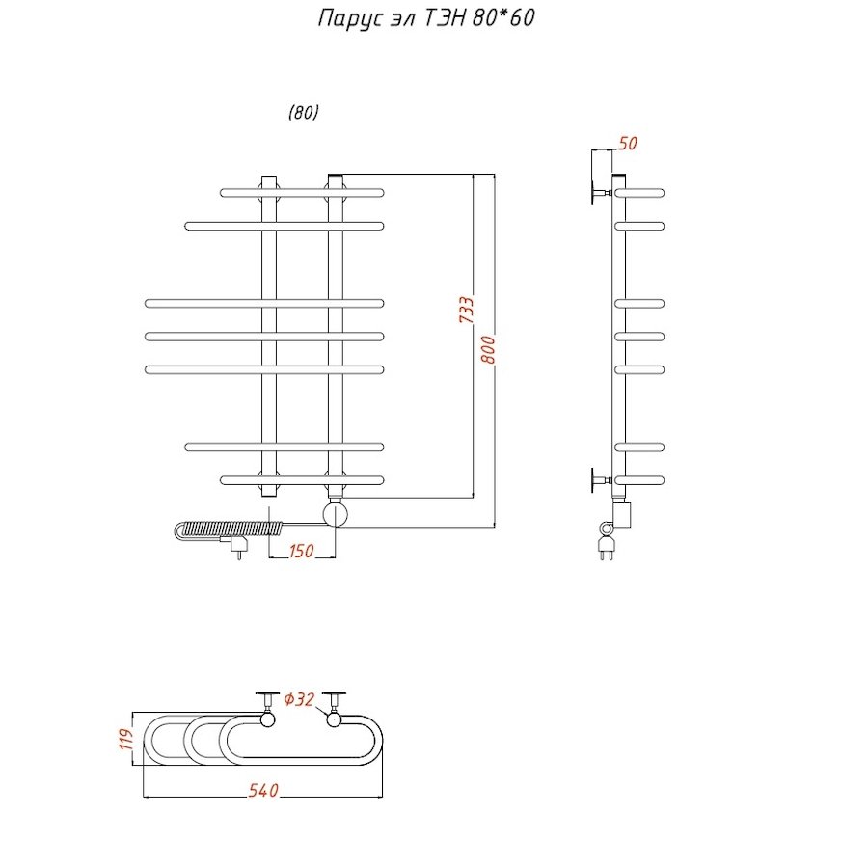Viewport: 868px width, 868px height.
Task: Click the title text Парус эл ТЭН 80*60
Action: point(426,19)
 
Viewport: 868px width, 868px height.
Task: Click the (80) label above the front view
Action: point(303,112)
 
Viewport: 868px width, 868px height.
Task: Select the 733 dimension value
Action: point(465,311)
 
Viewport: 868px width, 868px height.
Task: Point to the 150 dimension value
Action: point(302,552)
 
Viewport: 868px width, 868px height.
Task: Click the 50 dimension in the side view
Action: point(627,145)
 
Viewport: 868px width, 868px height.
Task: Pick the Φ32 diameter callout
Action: point(300,699)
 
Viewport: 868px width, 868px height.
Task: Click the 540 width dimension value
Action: point(263,791)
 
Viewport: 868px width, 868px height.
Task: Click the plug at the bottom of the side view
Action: point(607,550)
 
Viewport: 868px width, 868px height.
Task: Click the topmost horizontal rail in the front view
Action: point(302,192)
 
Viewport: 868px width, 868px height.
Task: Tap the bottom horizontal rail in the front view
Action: point(302,479)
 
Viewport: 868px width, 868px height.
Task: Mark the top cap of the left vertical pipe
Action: point(268,179)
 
